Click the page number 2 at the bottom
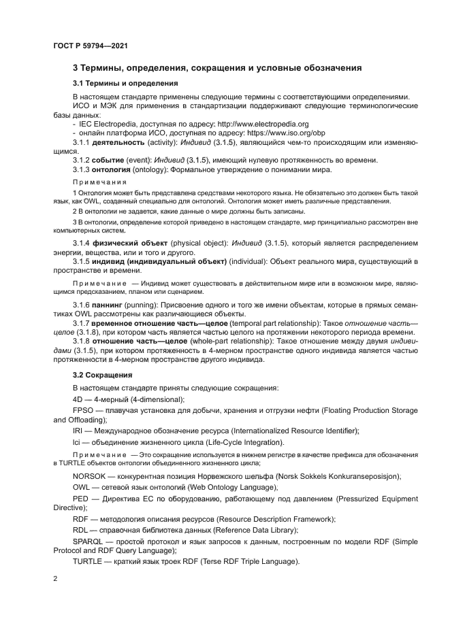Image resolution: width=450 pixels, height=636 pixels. pos(55,578)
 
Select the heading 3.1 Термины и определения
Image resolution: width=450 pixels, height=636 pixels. pos(125,84)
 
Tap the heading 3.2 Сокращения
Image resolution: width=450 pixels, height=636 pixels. pos(102,375)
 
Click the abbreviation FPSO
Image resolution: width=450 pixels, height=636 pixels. pos(84,411)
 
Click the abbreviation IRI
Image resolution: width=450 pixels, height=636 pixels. pos(78,431)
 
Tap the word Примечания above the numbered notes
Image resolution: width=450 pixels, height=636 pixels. pos(100,183)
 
